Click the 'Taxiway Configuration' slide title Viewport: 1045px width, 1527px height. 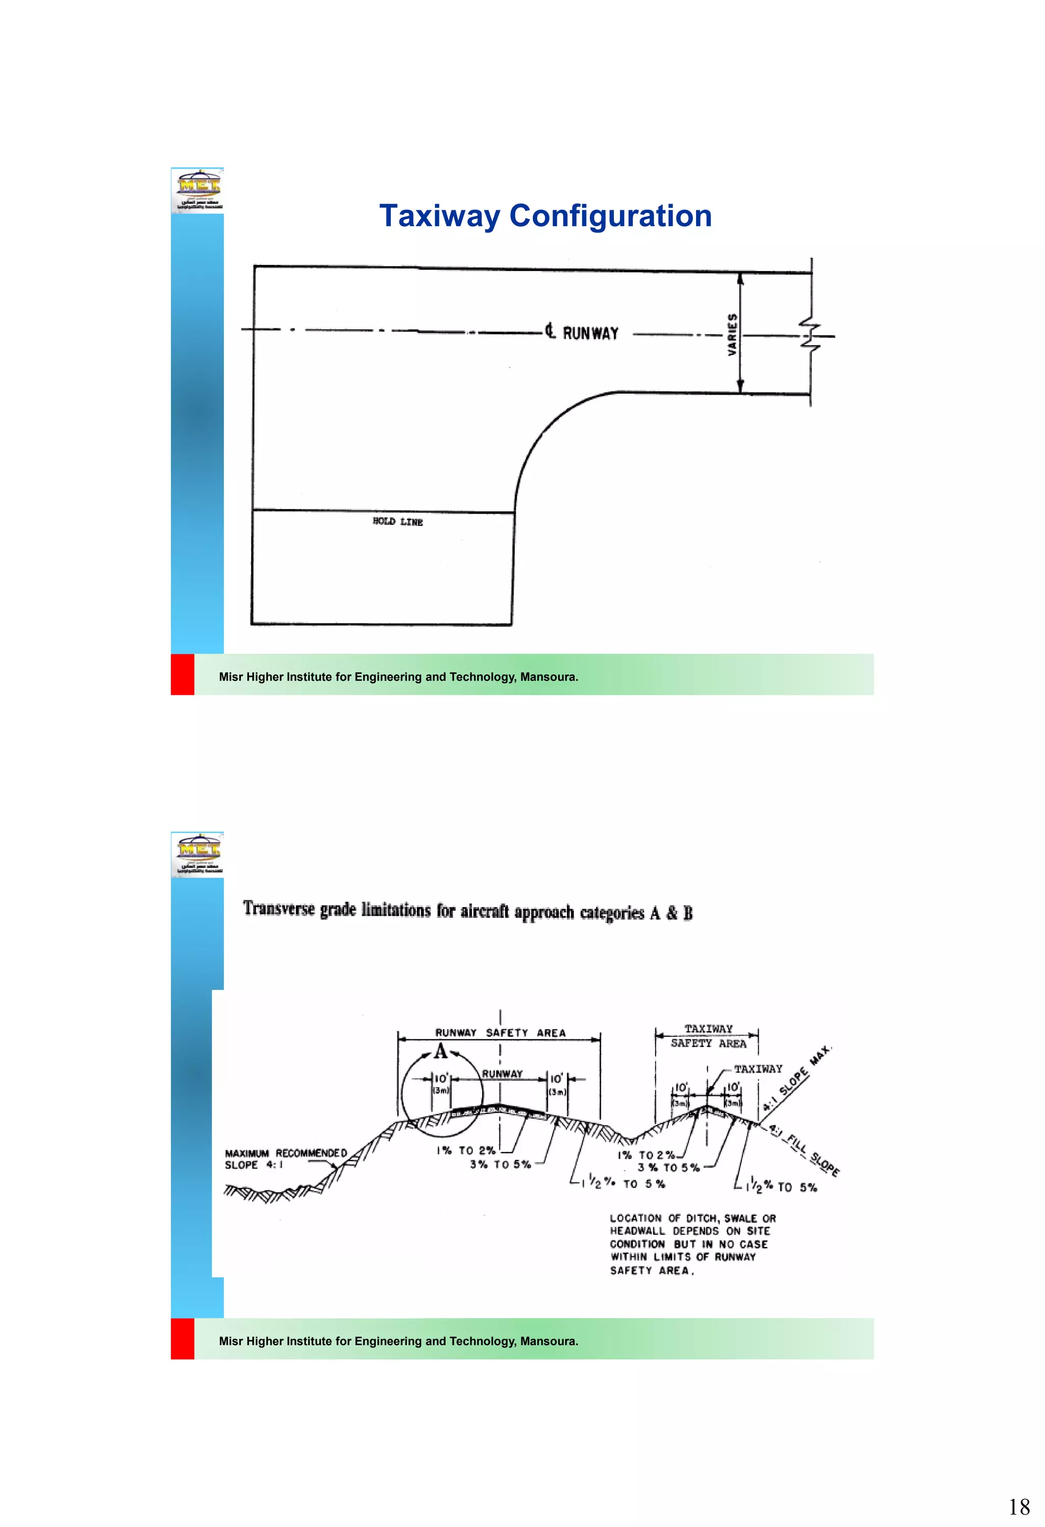coord(545,216)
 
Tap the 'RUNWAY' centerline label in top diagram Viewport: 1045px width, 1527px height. coord(590,333)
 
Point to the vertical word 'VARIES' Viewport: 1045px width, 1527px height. coord(732,334)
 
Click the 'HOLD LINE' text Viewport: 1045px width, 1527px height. coord(397,522)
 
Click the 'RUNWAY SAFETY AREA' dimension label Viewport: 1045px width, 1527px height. coord(500,1033)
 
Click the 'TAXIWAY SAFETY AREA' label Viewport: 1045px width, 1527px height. coord(708,1036)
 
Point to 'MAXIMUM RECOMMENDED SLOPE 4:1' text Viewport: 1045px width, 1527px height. coord(285,1159)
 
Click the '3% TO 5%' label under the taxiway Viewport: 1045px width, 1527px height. coord(668,1168)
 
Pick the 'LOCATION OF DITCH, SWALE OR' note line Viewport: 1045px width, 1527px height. coord(692,1218)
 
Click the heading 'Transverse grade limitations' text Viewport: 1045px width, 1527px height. coord(468,911)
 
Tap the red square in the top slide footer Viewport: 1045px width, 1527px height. coord(183,674)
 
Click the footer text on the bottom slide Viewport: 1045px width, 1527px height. coord(398,1341)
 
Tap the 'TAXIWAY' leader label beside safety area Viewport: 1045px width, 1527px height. coord(757,1069)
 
